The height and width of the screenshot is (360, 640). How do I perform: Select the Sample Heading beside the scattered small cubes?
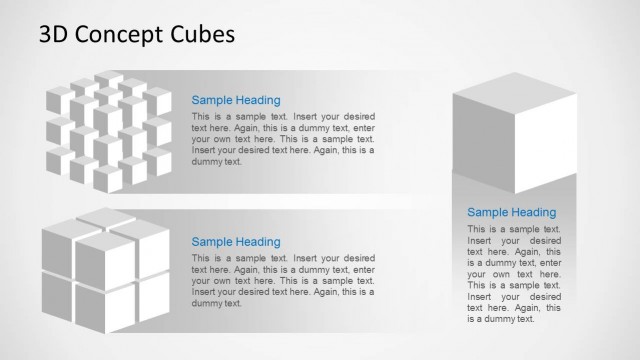[x=236, y=100]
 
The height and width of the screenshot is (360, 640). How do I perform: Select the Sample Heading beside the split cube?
[x=236, y=242]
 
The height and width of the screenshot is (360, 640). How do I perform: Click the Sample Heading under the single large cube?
[x=512, y=212]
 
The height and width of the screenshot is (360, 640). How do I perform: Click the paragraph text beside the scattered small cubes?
[x=283, y=139]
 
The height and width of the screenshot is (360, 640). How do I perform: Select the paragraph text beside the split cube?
[x=283, y=281]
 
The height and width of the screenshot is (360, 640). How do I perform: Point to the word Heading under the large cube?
[x=533, y=212]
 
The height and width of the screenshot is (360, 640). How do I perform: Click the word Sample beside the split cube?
[x=212, y=242]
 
